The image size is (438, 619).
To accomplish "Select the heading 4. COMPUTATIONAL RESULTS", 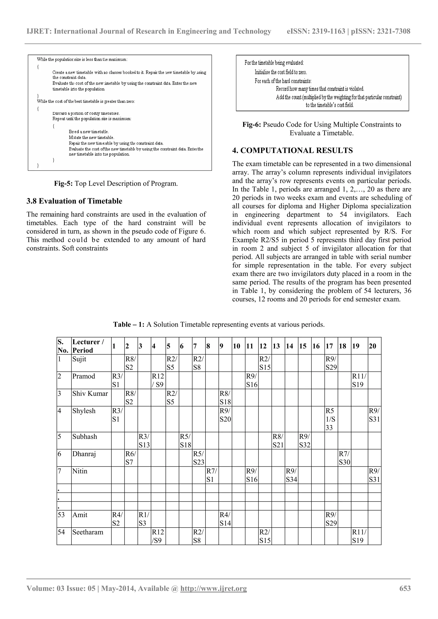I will pyautogui.click(x=292, y=150).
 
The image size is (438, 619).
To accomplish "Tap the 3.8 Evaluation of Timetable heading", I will pyautogui.click(x=74, y=201).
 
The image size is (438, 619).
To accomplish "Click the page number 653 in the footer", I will pyautogui.click(x=405, y=588).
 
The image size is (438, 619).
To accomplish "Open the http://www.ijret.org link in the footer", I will pyautogui.click(x=213, y=588).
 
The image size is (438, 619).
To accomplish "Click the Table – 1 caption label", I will pyautogui.click(x=129, y=324).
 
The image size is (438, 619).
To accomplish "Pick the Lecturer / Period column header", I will pyautogui.click(x=91, y=346).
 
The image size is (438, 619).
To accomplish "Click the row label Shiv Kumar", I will pyautogui.click(x=90, y=394).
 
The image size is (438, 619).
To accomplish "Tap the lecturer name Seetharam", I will pyautogui.click(x=88, y=532).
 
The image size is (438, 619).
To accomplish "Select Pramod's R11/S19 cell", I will pyautogui.click(x=359, y=380).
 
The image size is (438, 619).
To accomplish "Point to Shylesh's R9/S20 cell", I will pyautogui.click(x=225, y=415).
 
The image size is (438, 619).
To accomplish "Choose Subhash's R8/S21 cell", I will pyautogui.click(x=278, y=441).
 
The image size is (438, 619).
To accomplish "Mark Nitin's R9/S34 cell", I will pyautogui.click(x=291, y=475).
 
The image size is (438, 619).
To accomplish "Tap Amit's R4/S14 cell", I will pyautogui.click(x=225, y=519).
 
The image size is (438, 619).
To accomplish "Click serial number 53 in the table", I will pyautogui.click(x=61, y=515).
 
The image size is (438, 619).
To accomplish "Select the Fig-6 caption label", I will pyautogui.click(x=252, y=125).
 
